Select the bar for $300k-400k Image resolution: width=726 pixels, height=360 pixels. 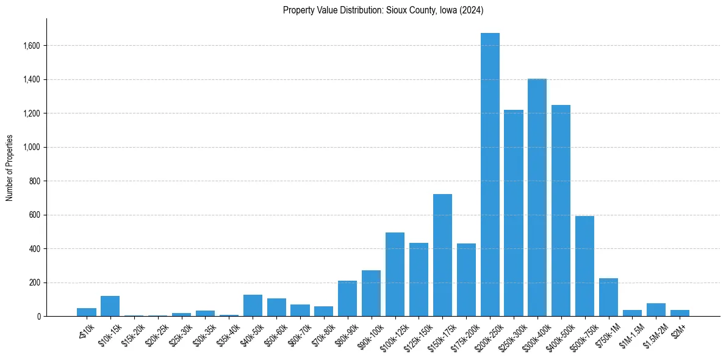point(537,198)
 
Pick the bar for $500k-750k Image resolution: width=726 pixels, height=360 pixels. point(585,266)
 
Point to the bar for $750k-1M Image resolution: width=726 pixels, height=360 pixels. point(609,297)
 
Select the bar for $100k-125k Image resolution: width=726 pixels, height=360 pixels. point(395,275)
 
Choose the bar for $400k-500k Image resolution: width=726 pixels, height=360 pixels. point(561,211)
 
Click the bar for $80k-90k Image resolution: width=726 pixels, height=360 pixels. point(347,298)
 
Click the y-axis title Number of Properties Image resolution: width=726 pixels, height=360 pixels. point(9,168)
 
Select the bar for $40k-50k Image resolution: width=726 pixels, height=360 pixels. point(253,306)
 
